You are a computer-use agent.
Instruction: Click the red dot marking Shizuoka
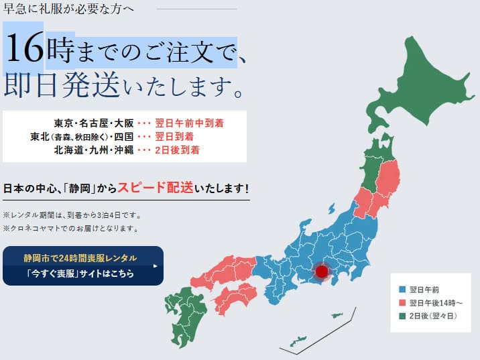[x=322, y=272]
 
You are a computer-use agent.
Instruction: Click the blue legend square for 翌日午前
[x=402, y=290]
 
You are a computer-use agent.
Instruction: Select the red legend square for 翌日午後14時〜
[x=402, y=303]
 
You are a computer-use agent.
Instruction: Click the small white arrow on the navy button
[x=155, y=265]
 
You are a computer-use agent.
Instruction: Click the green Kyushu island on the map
[x=182, y=316]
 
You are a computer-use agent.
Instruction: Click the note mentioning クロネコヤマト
[x=70, y=228]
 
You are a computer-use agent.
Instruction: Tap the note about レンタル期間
[x=72, y=215]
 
